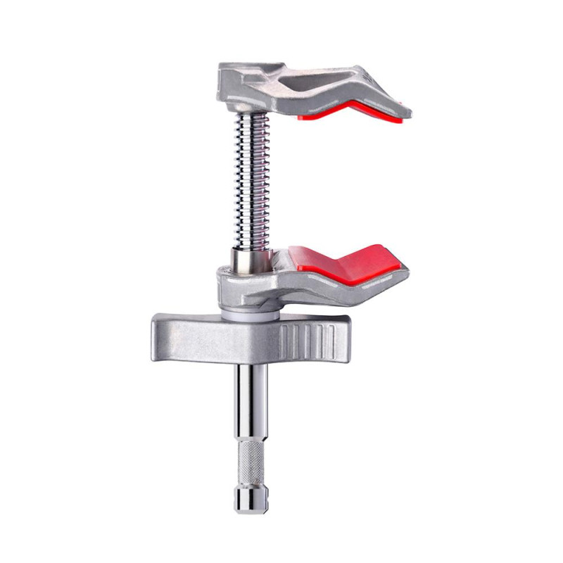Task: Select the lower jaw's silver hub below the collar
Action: click(246, 292)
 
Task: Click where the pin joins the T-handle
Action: click(247, 363)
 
